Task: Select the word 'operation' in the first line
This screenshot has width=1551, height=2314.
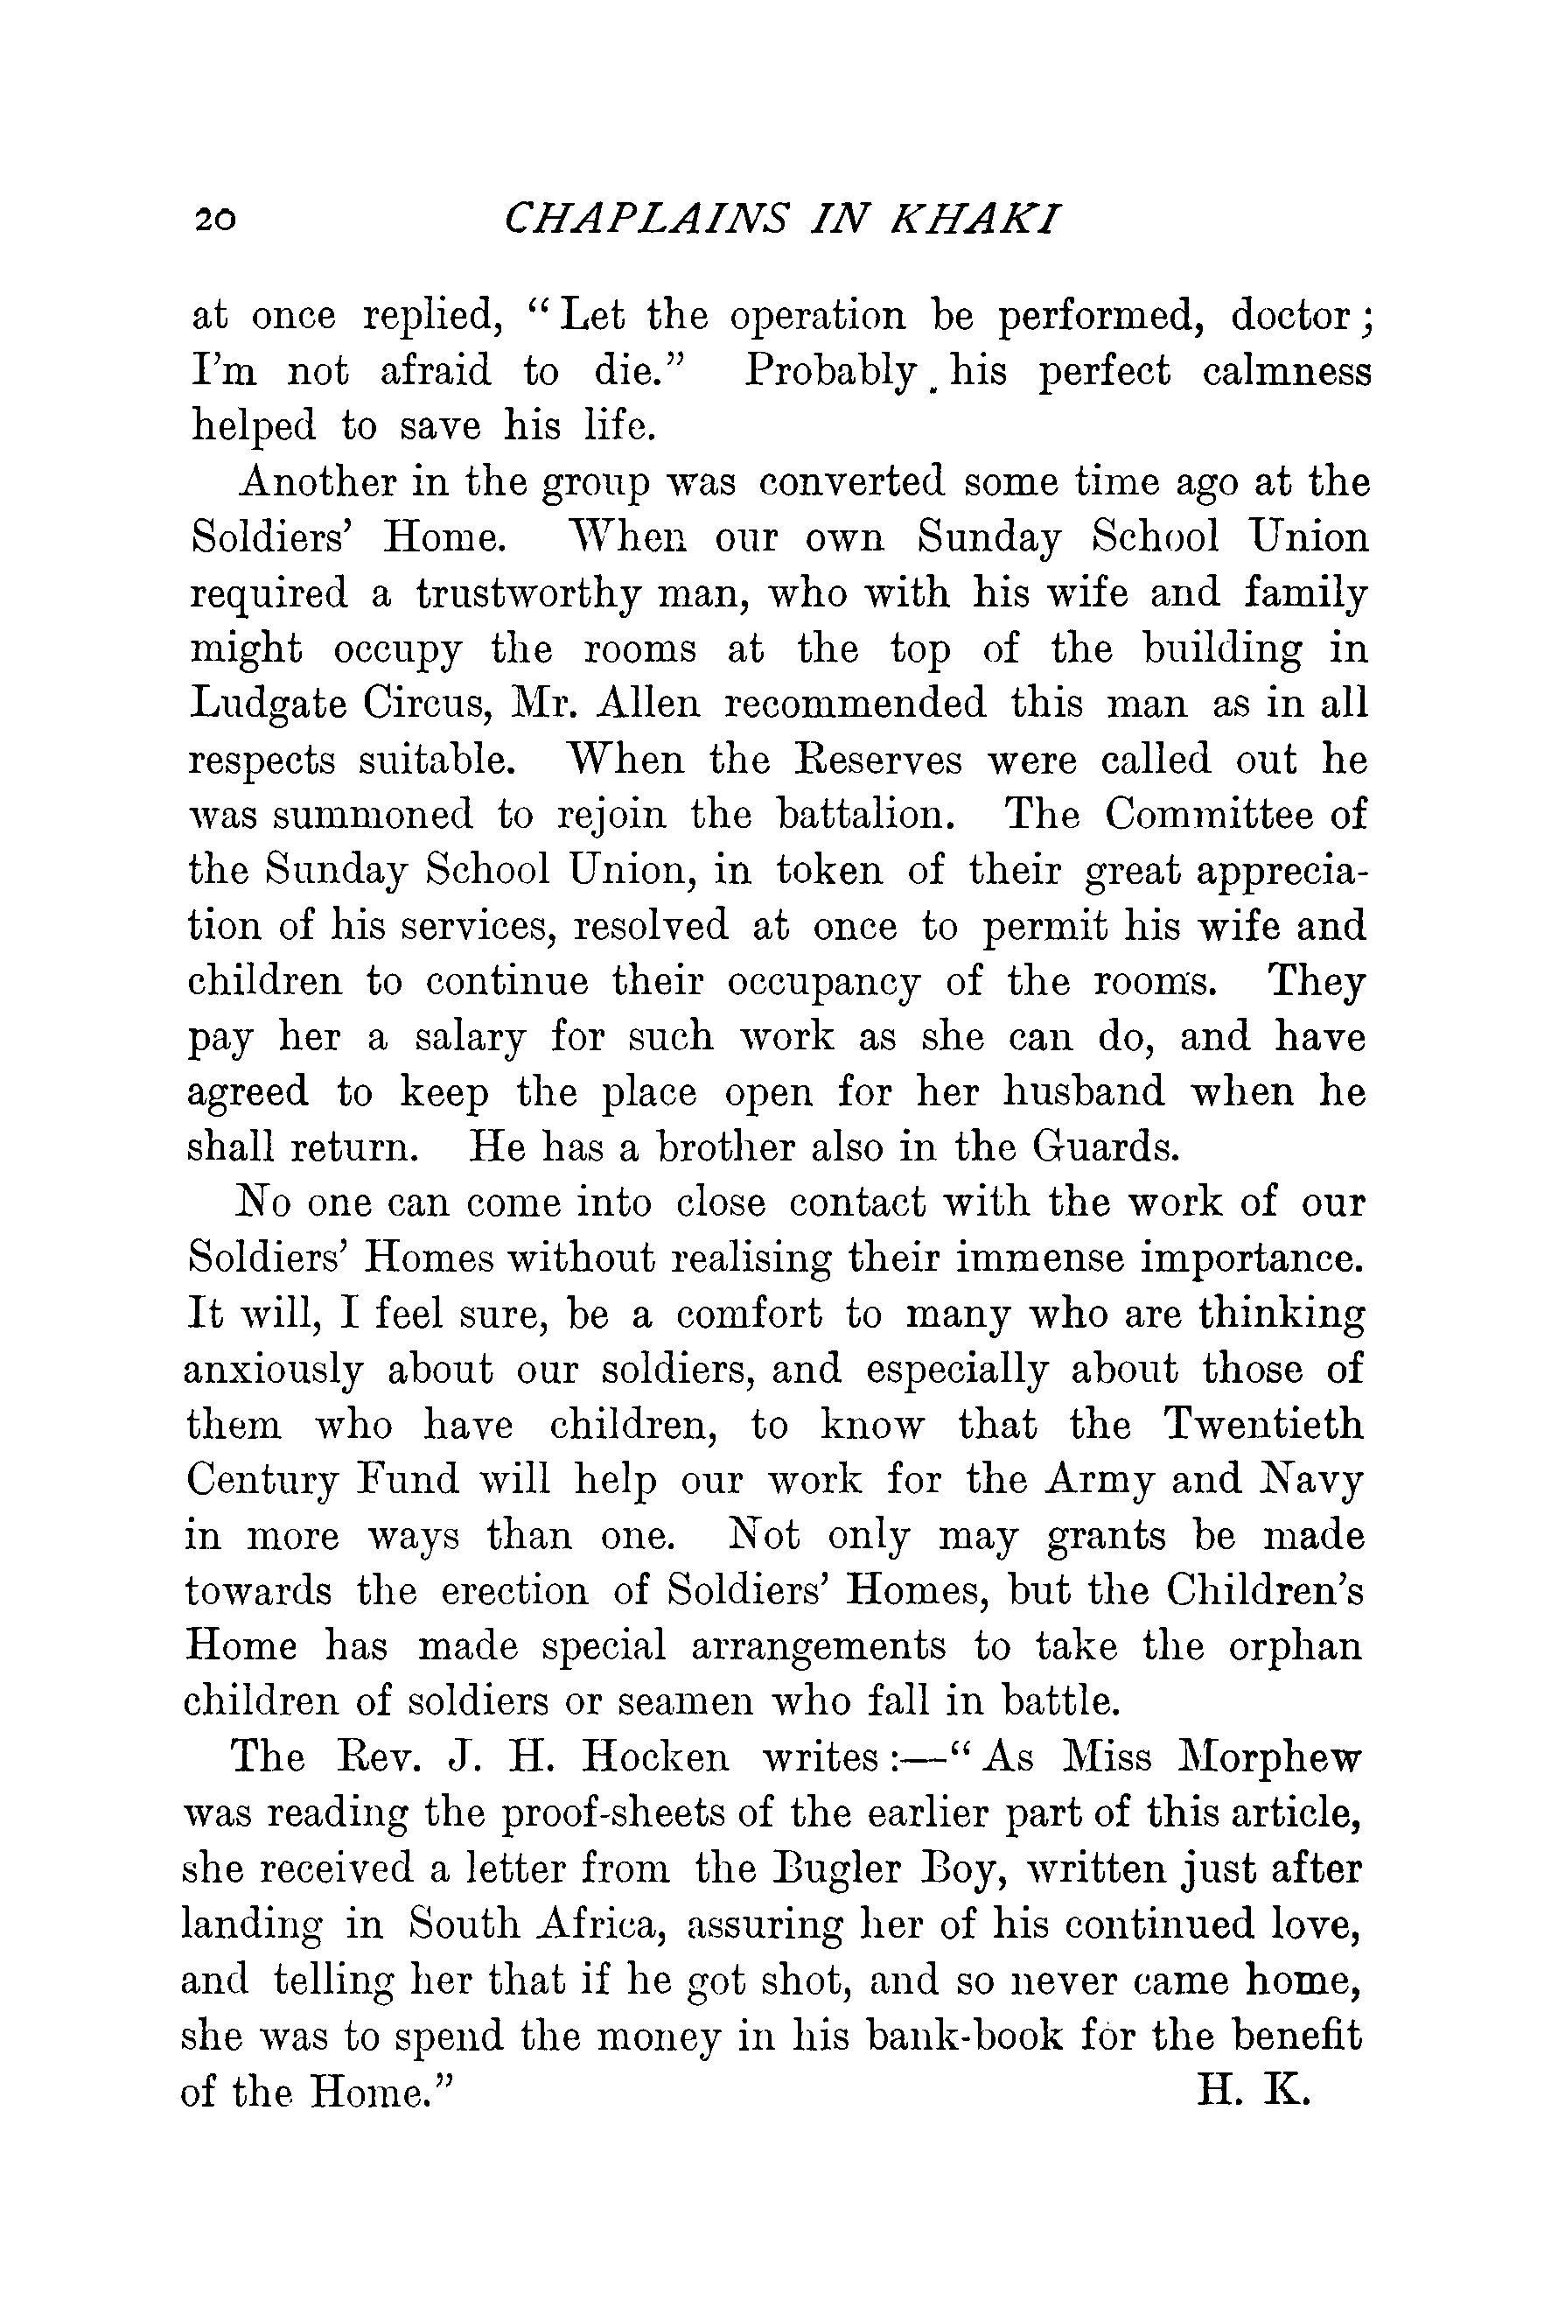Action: coord(817,317)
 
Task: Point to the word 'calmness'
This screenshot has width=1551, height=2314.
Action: coord(1287,372)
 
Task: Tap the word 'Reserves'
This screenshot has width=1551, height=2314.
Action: coord(869,760)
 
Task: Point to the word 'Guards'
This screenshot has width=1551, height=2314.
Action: coord(1105,1147)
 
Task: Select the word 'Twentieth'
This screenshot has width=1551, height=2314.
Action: coord(1263,1425)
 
